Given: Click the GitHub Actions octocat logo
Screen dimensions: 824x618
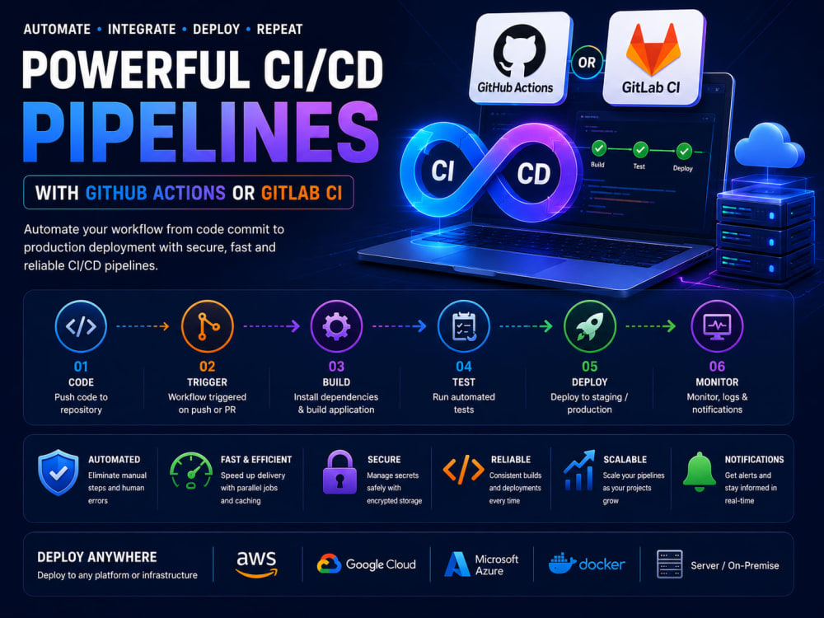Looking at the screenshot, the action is [519, 50].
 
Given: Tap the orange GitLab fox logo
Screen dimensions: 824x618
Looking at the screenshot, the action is [653, 50].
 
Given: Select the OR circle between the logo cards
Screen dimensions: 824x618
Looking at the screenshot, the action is [587, 63].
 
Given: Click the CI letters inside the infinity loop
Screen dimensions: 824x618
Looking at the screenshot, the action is [442, 171].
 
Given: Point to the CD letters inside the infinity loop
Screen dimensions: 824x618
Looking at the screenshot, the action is [533, 174].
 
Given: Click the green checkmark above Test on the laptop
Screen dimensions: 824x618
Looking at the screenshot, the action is [640, 150].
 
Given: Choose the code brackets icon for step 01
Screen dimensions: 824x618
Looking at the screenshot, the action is [81, 326].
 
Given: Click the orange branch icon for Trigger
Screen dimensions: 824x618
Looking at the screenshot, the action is [207, 326].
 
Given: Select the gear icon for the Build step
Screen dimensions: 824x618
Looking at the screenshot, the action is [336, 326].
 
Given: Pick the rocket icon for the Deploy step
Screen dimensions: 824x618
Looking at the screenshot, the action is [590, 326].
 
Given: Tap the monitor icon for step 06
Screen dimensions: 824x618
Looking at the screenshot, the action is [717, 326].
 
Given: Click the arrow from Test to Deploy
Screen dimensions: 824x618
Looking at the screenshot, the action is [526, 326].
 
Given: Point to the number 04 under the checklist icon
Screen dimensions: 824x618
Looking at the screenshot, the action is [463, 367].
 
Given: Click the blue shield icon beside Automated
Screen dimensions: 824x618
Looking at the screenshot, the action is [59, 472].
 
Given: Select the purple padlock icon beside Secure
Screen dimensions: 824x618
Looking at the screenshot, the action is [339, 472].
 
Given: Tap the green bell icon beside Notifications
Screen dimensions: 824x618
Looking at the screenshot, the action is [700, 472].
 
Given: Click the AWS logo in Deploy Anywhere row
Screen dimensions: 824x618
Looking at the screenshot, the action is [256, 564].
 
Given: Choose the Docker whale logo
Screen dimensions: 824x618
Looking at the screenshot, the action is [562, 564].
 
